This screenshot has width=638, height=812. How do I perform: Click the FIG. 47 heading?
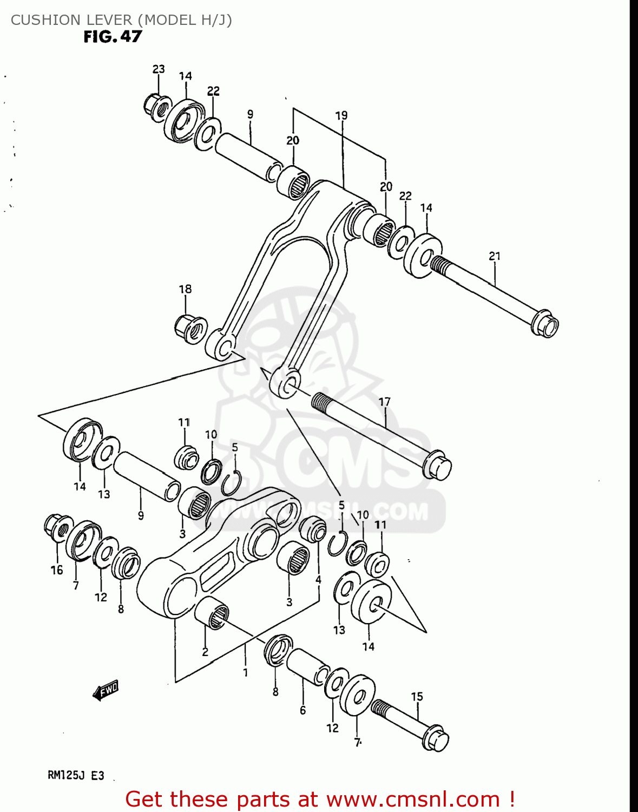(x=113, y=37)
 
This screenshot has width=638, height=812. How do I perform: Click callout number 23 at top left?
(x=158, y=69)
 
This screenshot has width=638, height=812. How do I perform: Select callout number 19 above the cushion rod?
(x=341, y=115)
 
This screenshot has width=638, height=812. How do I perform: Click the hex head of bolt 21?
(x=545, y=324)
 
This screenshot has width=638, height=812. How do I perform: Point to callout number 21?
(x=495, y=256)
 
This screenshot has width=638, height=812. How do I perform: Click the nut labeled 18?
(x=190, y=328)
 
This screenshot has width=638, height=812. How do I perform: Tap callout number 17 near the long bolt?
(x=384, y=402)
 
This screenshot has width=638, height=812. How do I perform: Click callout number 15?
(x=417, y=697)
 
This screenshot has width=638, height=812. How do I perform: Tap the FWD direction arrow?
(x=106, y=691)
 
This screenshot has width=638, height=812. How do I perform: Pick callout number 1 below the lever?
(x=245, y=672)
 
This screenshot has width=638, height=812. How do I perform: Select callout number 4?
(x=318, y=580)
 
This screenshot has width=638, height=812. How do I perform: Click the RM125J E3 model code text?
(x=76, y=775)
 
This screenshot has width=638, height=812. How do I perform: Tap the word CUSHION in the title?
(x=41, y=20)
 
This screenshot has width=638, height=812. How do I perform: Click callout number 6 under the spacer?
(x=302, y=710)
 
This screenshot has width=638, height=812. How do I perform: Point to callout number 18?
(x=185, y=289)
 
